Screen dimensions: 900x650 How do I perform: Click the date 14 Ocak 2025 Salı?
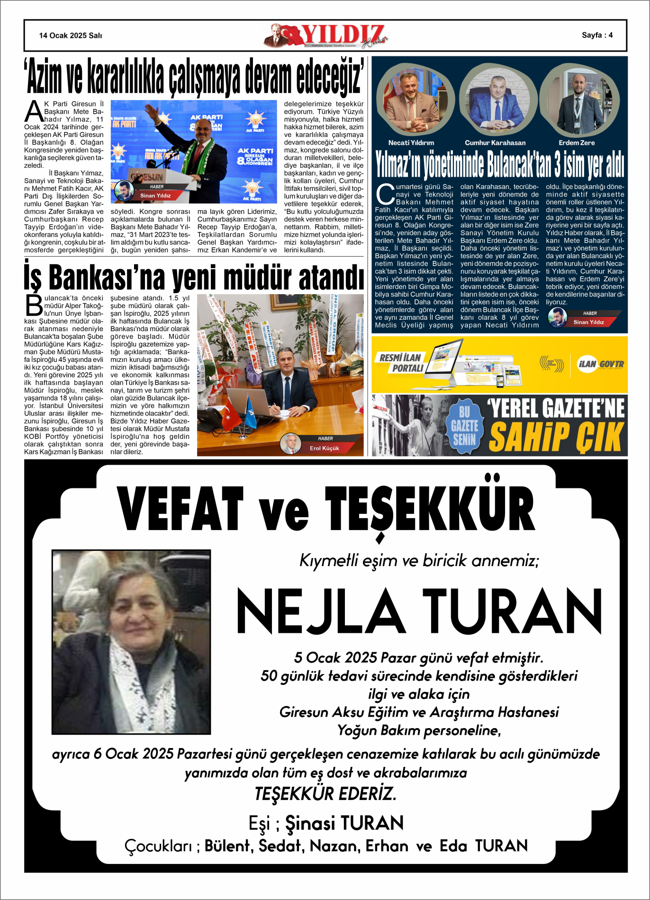71,36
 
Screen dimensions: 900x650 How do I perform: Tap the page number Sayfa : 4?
597,35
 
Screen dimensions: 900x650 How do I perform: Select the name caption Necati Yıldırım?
411,143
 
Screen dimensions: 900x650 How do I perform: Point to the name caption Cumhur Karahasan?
495,143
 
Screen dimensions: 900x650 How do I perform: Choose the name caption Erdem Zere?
577,143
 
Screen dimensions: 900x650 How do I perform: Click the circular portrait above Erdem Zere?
579,100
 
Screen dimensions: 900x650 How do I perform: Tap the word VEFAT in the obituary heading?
181,509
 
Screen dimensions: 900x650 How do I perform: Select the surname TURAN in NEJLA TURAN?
512,611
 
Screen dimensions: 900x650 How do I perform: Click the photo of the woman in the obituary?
131,642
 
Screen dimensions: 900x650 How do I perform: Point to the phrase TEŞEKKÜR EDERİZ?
325,794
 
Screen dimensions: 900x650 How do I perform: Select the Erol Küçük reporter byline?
324,448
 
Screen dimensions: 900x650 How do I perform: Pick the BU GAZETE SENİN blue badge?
464,425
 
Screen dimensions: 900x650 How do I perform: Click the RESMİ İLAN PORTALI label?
400,363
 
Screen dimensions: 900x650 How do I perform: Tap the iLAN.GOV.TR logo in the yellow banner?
600,364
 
